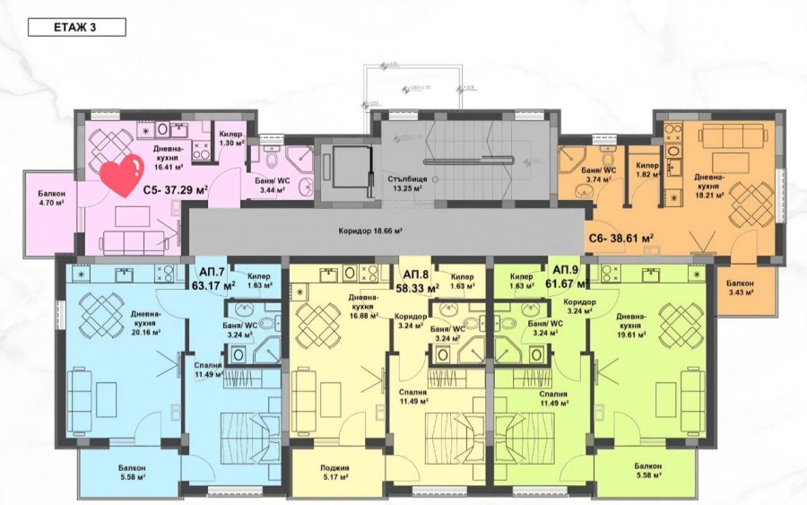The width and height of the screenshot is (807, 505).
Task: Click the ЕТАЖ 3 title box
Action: [76, 27]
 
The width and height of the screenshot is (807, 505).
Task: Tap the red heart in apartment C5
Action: [121, 175]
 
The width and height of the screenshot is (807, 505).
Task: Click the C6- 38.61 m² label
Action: [620, 239]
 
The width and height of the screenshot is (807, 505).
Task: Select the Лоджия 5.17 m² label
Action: [334, 472]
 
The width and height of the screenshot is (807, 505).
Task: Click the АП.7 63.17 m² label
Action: [213, 280]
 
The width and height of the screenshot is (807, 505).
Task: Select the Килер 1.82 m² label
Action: [647, 170]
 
